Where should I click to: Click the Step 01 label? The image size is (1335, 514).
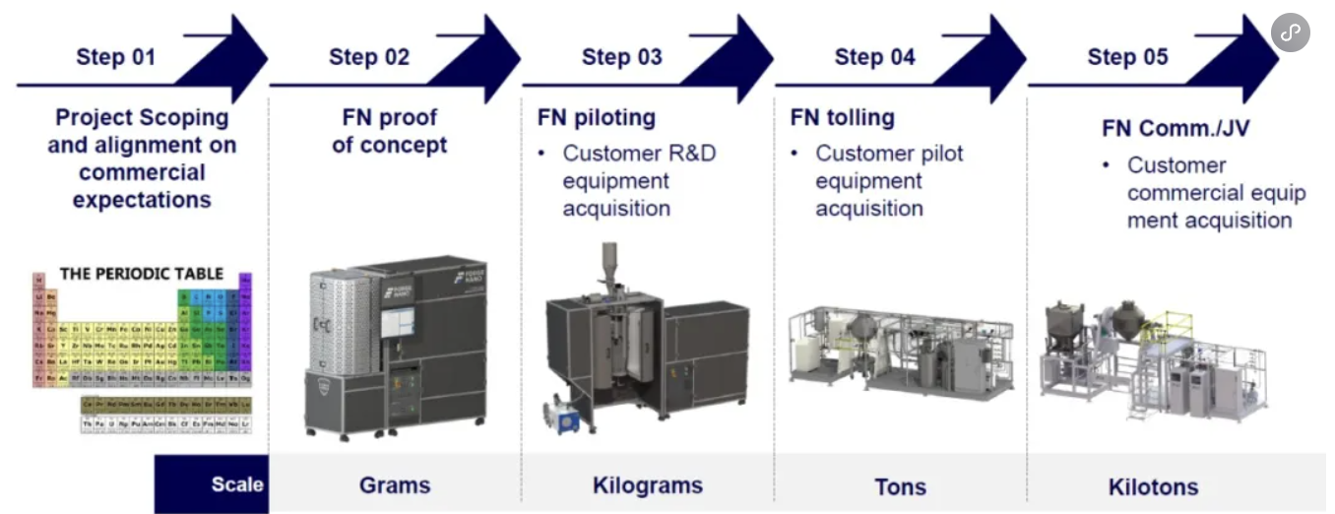point(115,57)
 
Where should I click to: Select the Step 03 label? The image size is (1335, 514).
point(621,57)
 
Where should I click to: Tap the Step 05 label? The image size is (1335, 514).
point(1127,57)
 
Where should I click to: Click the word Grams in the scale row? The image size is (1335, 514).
point(395,484)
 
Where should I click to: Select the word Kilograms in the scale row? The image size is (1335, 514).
point(647,484)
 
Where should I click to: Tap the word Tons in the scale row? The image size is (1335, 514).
point(900,486)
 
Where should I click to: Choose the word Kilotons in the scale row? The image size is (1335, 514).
point(1153,486)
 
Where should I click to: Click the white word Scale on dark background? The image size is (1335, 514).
point(237,484)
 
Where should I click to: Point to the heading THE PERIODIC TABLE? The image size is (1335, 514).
point(142,273)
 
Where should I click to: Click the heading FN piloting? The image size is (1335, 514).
point(596,118)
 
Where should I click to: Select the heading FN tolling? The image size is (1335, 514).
point(842,118)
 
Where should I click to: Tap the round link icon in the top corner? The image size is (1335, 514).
point(1290,32)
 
